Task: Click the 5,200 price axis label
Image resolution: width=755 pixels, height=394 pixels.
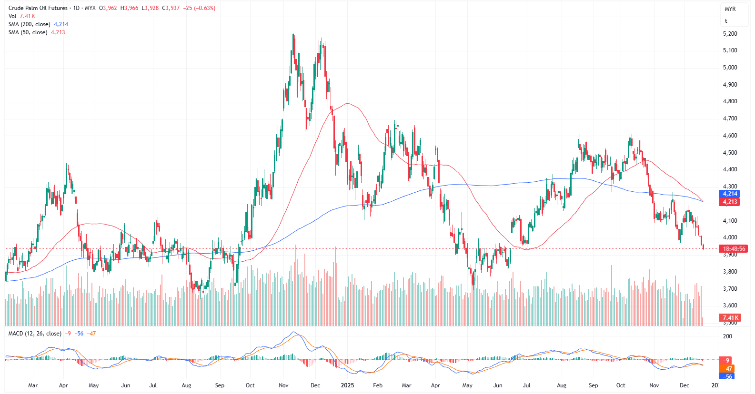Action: pyautogui.click(x=730, y=34)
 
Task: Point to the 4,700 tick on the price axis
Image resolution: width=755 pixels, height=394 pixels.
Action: pyautogui.click(x=730, y=118)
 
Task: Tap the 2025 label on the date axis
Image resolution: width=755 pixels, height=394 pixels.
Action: pyautogui.click(x=347, y=385)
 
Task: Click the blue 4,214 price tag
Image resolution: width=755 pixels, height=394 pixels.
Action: pyautogui.click(x=730, y=194)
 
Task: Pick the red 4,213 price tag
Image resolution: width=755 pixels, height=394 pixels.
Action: pyautogui.click(x=730, y=202)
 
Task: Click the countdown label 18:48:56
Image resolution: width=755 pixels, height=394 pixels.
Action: pyautogui.click(x=734, y=249)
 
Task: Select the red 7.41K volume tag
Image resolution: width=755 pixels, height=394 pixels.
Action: pyautogui.click(x=730, y=318)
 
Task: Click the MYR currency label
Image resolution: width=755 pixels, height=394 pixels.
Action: pyautogui.click(x=730, y=9)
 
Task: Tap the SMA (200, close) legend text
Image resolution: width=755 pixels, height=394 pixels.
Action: pyautogui.click(x=29, y=24)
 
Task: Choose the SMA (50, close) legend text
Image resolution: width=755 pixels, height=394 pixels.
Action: pyautogui.click(x=28, y=32)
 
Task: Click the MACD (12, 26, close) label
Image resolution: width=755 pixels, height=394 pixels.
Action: pyautogui.click(x=35, y=334)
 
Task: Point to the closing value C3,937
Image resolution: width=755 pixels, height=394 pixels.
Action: pyautogui.click(x=171, y=8)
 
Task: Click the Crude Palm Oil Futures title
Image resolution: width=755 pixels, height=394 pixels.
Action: pyautogui.click(x=38, y=8)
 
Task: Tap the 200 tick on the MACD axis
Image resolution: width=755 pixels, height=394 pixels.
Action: pyautogui.click(x=727, y=336)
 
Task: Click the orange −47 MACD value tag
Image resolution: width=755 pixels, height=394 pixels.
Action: pyautogui.click(x=728, y=369)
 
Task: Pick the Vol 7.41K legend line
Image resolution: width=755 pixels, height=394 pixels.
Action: pyautogui.click(x=21, y=16)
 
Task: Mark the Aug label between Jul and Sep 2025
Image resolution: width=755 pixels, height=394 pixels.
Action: pyautogui.click(x=562, y=385)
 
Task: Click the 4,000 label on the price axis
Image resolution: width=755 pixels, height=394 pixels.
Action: pyautogui.click(x=730, y=237)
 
